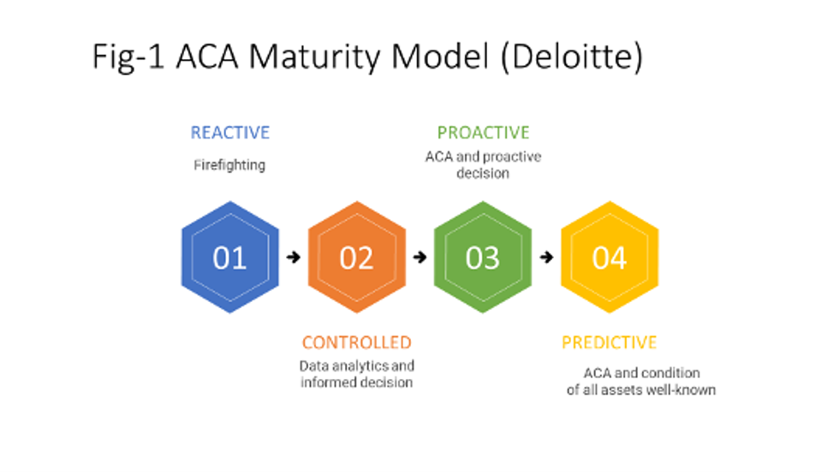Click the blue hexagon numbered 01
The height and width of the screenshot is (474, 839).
tap(229, 257)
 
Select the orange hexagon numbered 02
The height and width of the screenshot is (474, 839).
tap(356, 257)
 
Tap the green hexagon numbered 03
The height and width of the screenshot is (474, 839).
tap(483, 257)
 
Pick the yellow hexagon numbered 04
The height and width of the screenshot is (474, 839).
tap(610, 257)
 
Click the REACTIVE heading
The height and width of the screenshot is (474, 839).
tap(229, 133)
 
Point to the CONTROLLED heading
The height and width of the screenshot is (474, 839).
tap(356, 342)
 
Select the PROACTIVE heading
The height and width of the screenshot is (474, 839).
tap(483, 133)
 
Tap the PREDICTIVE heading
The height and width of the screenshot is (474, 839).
tap(610, 342)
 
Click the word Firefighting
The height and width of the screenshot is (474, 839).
tap(229, 165)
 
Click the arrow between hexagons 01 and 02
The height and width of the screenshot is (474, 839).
tap(294, 257)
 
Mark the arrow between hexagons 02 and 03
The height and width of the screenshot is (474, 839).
tap(419, 257)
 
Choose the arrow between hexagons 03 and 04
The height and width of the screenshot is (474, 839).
tap(546, 257)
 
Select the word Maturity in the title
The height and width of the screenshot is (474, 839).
tap(318, 57)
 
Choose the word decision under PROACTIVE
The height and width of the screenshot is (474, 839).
tap(483, 173)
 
